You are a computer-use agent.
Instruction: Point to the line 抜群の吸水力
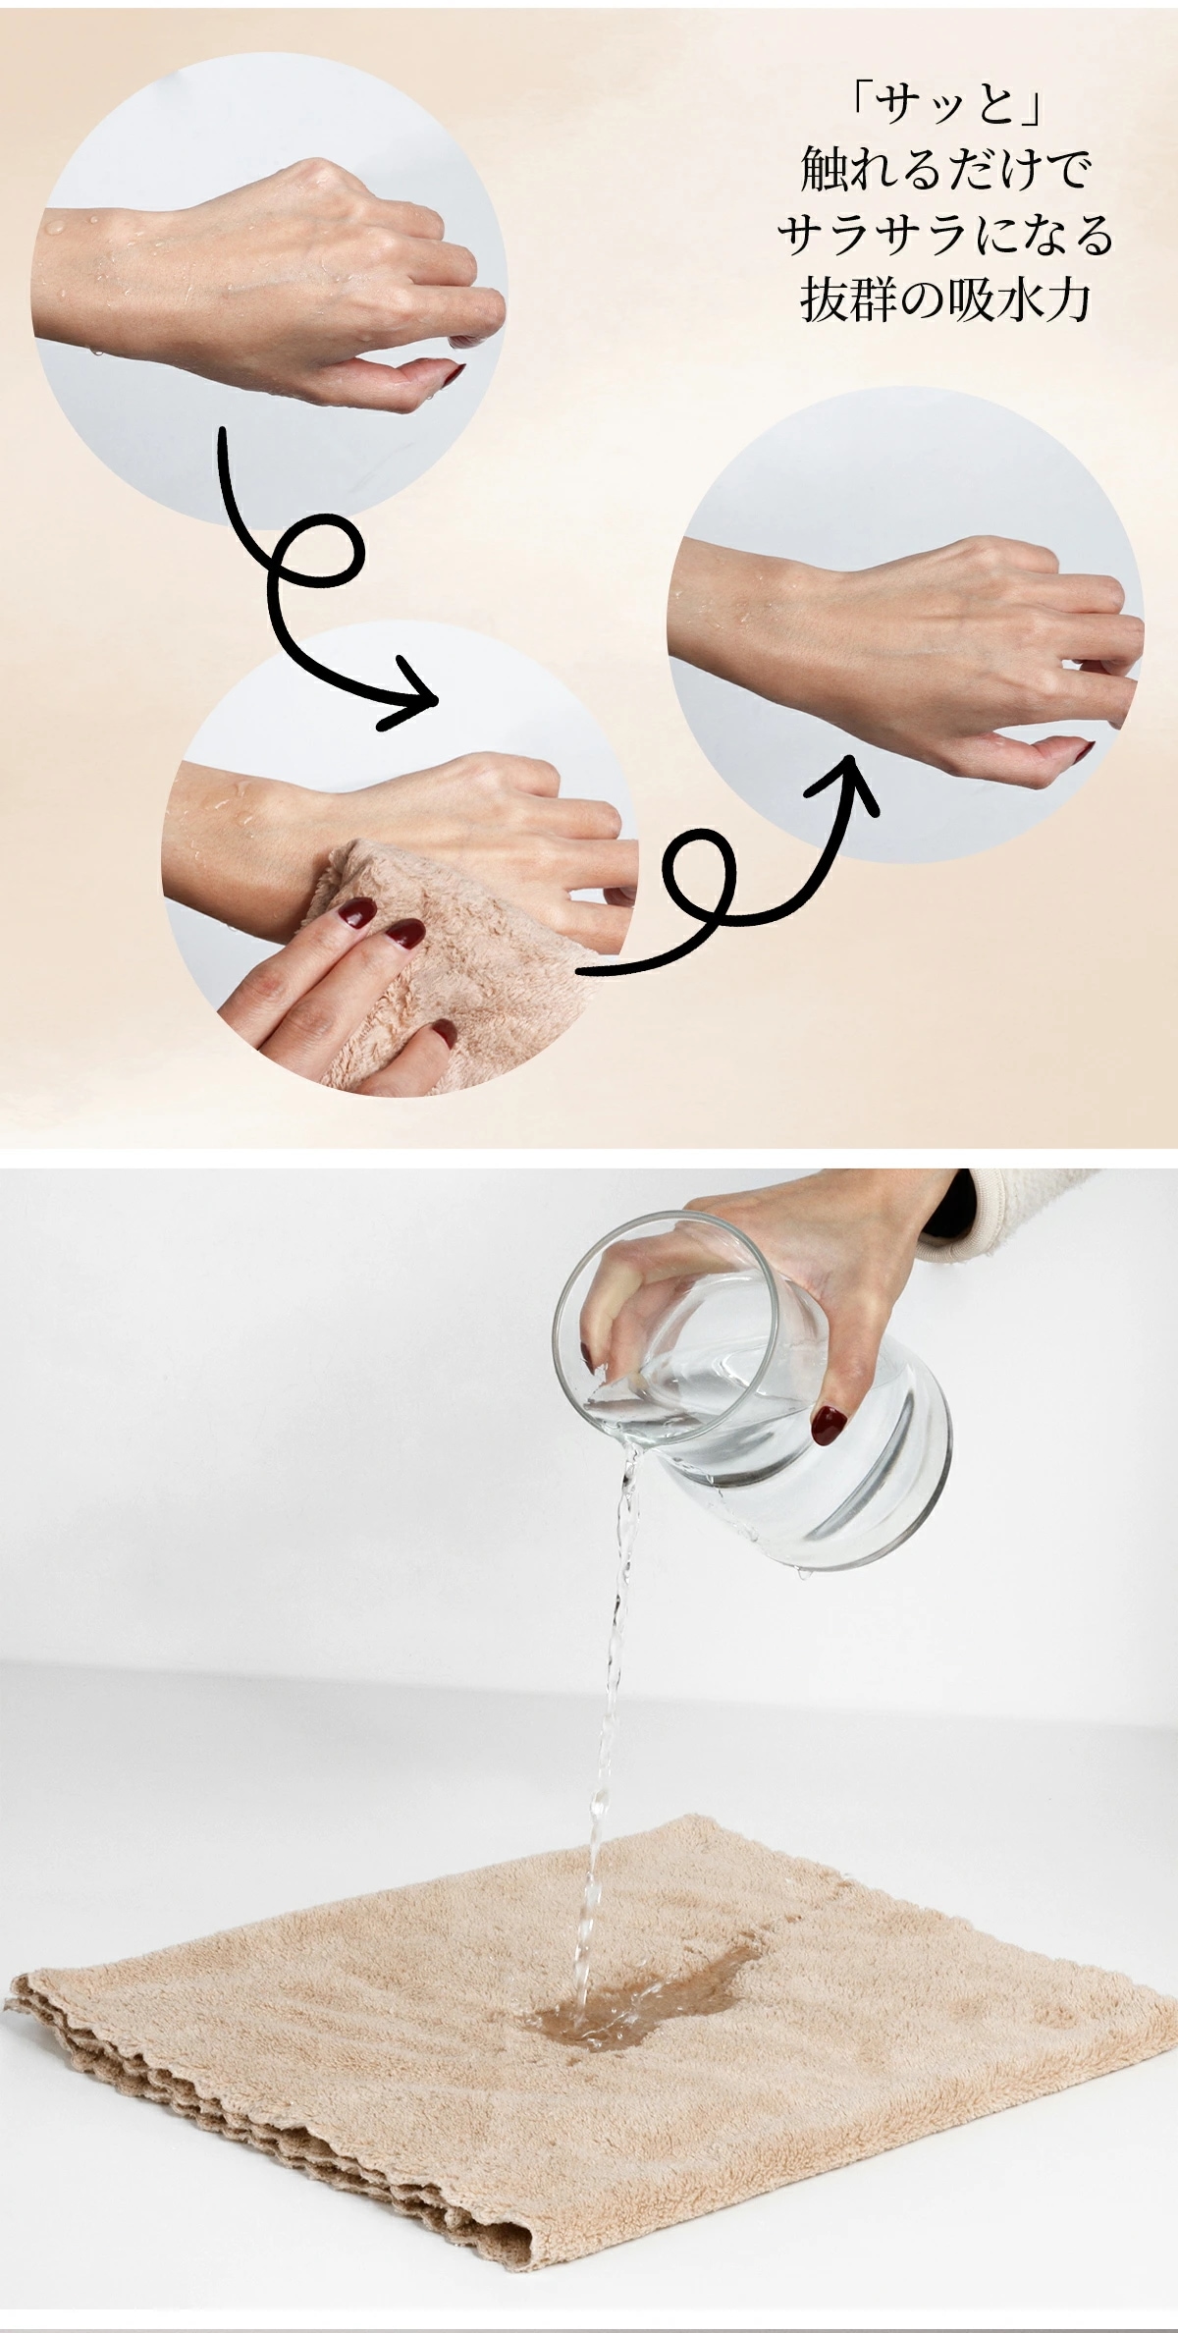[x=946, y=302]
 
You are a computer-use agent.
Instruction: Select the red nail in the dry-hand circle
[x=1083, y=751]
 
